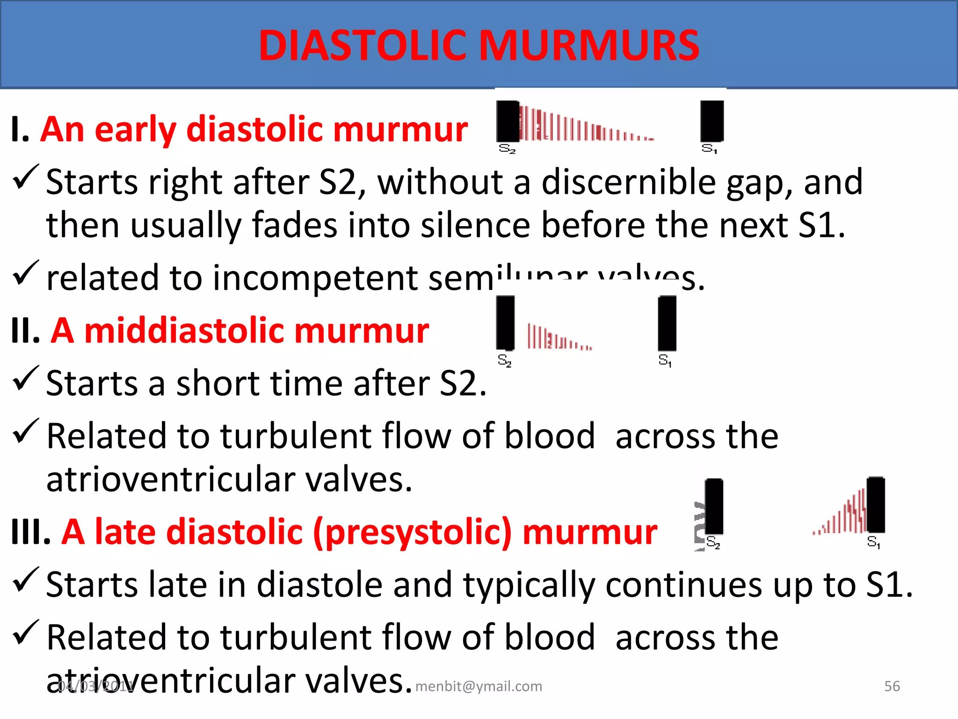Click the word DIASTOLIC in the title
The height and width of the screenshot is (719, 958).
365,45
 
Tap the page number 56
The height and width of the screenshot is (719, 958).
892,686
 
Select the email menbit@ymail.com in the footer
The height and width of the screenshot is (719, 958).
479,686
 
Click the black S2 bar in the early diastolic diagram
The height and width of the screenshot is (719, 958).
508,121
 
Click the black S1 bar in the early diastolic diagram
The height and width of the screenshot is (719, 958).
711,121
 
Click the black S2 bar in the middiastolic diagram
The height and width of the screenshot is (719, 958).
505,323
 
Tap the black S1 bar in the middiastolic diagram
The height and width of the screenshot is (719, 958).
667,323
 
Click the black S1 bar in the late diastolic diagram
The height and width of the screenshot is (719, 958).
875,505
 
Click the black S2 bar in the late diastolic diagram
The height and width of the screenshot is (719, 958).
714,506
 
